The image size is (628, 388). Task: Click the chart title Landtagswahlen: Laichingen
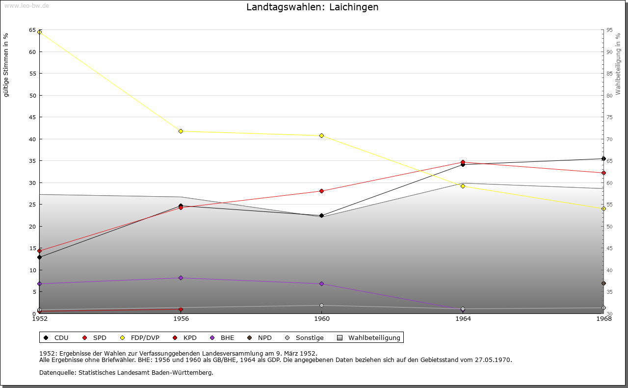[313, 7]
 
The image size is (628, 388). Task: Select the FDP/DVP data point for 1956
[181, 131]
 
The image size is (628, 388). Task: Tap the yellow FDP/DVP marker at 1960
[321, 135]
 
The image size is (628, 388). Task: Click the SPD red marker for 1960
[321, 191]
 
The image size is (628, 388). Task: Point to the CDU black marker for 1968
[603, 158]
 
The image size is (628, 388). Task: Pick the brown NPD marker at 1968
[603, 283]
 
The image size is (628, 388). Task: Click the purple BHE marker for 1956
[181, 278]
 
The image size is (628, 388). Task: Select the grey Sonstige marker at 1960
[321, 305]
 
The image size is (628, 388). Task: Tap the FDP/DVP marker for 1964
[463, 186]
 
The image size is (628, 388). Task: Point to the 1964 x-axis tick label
[463, 319]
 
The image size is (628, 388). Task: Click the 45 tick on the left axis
[32, 117]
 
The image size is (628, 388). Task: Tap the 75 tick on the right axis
[609, 117]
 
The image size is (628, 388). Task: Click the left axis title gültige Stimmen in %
[6, 65]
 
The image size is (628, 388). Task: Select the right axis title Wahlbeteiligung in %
[618, 64]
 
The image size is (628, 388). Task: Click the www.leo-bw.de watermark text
[26, 5]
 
